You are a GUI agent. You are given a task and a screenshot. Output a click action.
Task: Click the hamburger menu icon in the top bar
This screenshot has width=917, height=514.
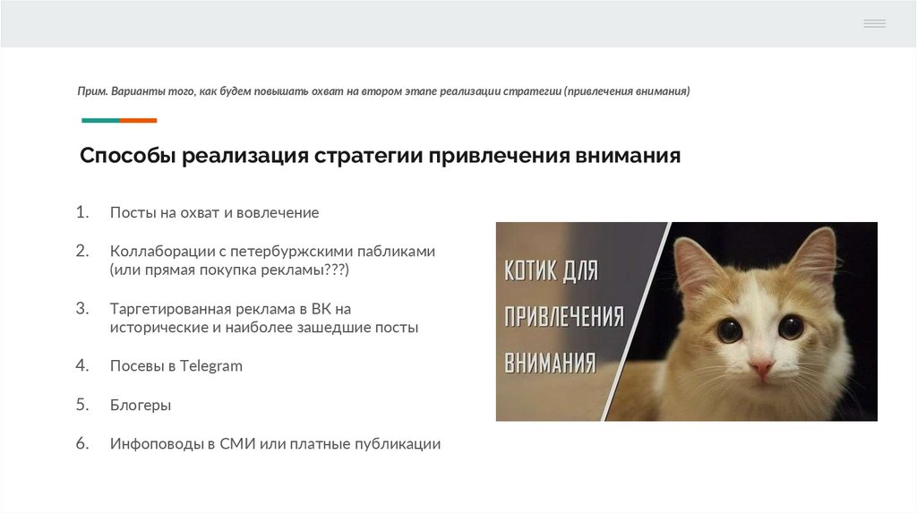coord(874,23)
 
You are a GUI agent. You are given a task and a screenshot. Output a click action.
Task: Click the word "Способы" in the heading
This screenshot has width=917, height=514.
coord(127,156)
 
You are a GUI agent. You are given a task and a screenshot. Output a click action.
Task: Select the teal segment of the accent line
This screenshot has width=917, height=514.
coord(100,120)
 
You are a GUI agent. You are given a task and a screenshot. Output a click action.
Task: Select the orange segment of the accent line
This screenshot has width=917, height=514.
coord(138,120)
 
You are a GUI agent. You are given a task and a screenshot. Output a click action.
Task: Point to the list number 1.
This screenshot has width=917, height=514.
coord(82,212)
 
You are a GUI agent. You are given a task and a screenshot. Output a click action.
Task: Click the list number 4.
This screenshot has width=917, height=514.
coord(82,365)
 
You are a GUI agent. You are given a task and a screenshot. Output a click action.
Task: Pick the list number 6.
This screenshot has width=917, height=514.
coord(82,443)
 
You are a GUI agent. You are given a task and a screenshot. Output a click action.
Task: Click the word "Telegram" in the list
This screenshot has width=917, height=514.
coord(211,365)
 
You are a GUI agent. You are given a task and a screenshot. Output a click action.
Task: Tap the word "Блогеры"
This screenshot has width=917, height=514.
coord(141,405)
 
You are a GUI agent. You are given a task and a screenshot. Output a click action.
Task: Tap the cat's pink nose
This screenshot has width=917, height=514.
coord(761,367)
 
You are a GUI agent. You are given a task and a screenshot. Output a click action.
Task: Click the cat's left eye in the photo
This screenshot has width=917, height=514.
coord(729,330)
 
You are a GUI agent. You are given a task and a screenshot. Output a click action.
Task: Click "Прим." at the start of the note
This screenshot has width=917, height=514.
coord(92,91)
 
